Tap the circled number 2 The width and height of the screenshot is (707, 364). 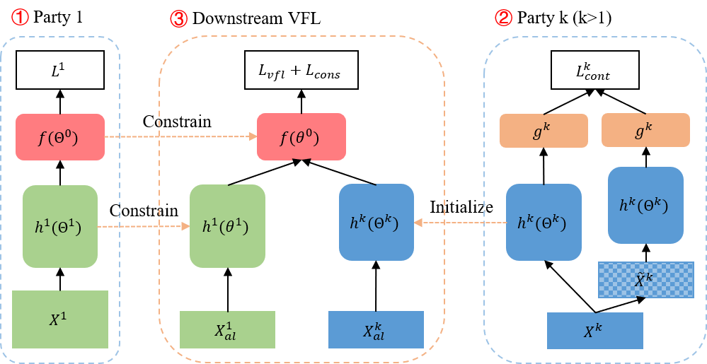point(503,18)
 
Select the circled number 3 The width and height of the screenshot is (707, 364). point(179,19)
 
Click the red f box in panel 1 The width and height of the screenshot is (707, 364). point(59,136)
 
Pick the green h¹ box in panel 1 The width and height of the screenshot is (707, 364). point(59,227)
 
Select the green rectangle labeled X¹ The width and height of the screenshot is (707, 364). point(60,319)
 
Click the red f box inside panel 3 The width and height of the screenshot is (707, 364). point(301,136)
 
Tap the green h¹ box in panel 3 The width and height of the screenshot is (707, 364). point(227,226)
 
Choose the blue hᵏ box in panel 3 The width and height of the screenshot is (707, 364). point(376,223)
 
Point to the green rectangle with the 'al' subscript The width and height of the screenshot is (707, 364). point(226,330)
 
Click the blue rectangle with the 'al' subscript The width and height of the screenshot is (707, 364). point(376,330)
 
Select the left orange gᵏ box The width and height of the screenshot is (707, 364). point(544,131)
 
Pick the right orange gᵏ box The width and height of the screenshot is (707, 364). point(645,130)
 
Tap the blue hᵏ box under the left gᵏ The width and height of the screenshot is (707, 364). point(544,223)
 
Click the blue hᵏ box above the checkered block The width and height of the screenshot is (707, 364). point(645,205)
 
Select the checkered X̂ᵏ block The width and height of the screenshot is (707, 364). point(645,279)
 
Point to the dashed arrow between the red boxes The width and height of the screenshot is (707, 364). point(180,136)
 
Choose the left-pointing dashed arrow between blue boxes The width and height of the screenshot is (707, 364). point(460,223)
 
